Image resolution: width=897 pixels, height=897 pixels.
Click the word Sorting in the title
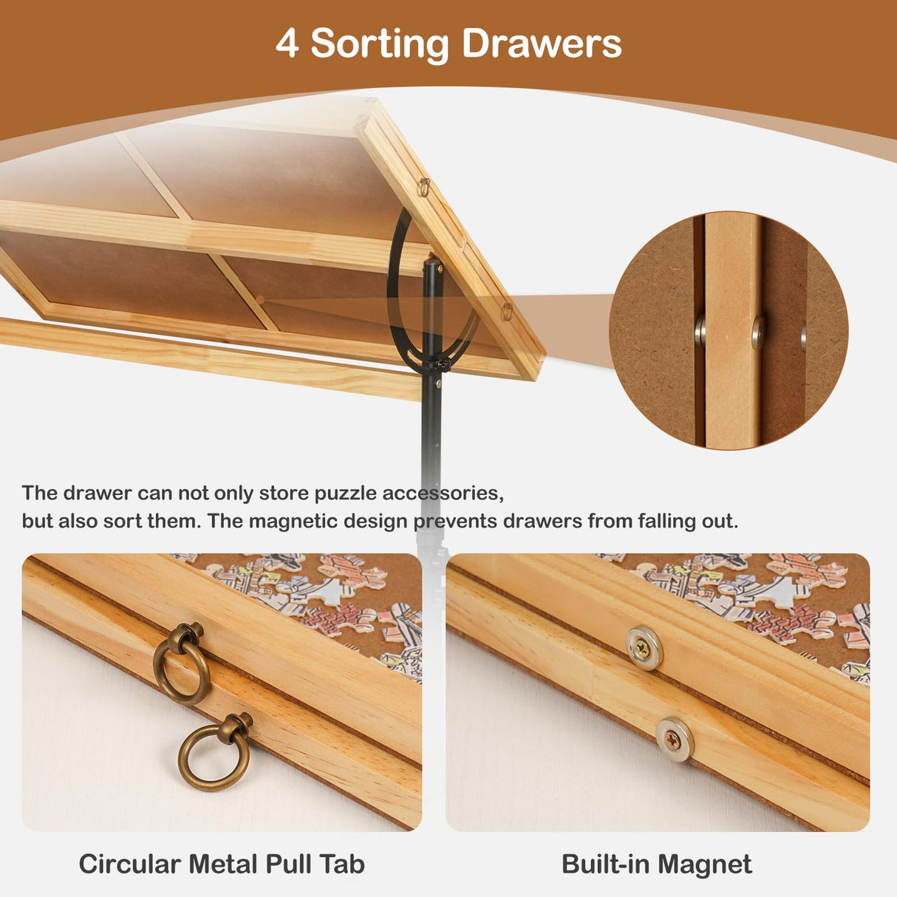pos(380,44)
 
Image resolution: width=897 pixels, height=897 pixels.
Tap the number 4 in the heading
pos(287,44)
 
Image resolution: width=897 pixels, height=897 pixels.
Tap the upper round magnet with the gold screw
pos(644,648)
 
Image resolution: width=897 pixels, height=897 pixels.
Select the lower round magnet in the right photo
pos(674,738)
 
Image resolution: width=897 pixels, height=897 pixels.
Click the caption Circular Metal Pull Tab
pos(222,864)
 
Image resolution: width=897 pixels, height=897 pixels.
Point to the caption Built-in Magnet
pos(656,864)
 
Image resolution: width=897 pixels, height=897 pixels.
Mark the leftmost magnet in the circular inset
pos(700,330)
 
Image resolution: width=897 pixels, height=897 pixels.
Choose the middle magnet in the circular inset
pos(758,332)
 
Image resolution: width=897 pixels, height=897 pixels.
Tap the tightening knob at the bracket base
pos(441,364)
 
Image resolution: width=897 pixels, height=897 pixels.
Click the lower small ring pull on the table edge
pos(507,310)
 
